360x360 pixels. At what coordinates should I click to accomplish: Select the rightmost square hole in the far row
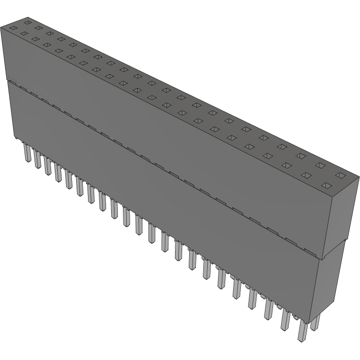click(339, 175)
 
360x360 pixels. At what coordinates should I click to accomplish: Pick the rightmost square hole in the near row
click(325, 185)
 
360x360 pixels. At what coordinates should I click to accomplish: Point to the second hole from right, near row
click(306, 176)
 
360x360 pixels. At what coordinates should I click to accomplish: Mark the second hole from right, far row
click(320, 166)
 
